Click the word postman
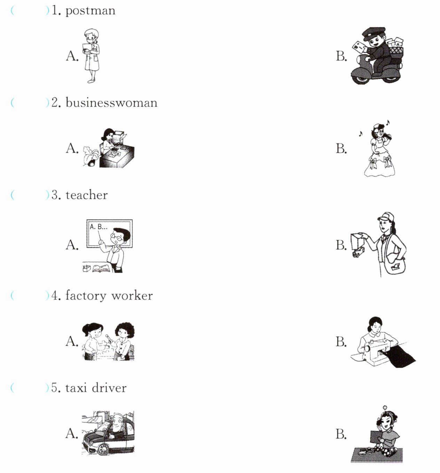(90, 11)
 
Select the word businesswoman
(111, 103)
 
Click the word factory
(86, 296)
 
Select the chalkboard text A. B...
(98, 227)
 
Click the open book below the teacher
(102, 269)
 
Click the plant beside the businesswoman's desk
(91, 156)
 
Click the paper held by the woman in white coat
(87, 48)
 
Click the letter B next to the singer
(341, 148)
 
